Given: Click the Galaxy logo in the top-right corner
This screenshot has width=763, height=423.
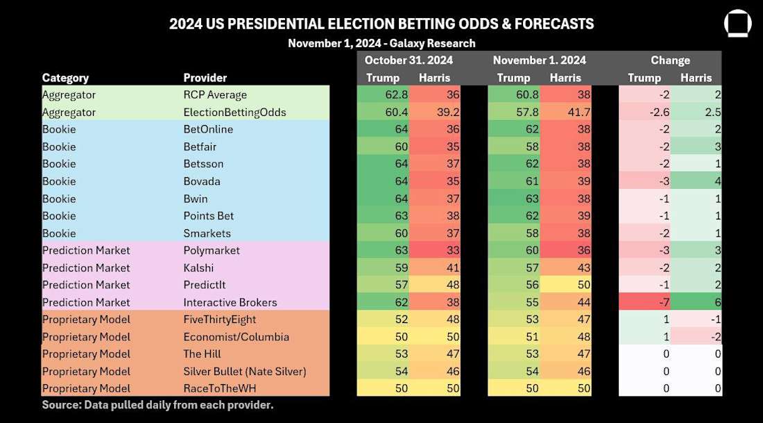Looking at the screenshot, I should (x=738, y=23).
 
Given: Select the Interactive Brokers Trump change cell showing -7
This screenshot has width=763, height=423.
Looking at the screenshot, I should (x=644, y=302).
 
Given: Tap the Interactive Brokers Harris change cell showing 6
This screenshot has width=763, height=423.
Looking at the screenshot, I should (x=696, y=302).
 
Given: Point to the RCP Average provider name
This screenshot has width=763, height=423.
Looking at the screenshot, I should (x=215, y=95).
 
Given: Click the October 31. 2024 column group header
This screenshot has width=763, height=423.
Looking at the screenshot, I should (x=408, y=60).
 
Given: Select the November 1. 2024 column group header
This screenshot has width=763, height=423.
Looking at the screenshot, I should (x=539, y=60).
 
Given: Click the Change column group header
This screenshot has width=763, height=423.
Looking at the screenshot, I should (x=670, y=60).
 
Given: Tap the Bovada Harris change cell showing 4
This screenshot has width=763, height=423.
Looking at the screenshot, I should (x=696, y=181).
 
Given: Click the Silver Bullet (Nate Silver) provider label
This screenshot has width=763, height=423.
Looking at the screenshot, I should (x=243, y=372).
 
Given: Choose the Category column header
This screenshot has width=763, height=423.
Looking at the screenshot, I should (x=65, y=78).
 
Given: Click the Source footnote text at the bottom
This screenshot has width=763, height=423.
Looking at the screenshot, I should (x=157, y=405).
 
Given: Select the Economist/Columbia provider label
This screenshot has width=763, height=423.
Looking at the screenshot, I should (x=236, y=337).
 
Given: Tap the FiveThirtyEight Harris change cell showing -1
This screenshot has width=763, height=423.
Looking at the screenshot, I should (x=696, y=320).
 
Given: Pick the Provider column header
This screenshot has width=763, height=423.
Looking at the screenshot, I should (x=205, y=78).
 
